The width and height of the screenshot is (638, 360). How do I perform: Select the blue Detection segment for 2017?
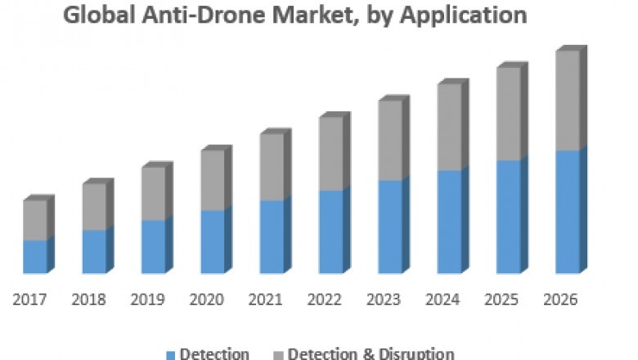click(x=35, y=257)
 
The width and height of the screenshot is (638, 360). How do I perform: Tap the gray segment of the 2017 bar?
click(x=35, y=220)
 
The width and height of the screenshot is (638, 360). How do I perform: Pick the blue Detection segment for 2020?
click(x=213, y=242)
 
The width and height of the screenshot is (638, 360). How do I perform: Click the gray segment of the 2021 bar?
click(x=272, y=167)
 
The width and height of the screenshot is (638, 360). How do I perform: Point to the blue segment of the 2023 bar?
click(x=390, y=227)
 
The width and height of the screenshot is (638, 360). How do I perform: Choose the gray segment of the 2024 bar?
click(x=449, y=128)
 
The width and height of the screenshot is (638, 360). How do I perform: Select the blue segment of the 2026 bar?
click(x=568, y=212)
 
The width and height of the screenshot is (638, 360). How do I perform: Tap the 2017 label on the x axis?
click(x=29, y=299)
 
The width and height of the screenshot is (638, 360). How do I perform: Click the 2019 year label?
click(x=148, y=299)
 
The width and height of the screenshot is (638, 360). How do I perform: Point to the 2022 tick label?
click(x=325, y=299)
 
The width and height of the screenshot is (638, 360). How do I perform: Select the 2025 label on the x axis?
click(x=502, y=299)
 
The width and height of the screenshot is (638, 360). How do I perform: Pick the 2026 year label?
click(x=561, y=299)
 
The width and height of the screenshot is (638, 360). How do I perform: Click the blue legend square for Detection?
click(x=170, y=354)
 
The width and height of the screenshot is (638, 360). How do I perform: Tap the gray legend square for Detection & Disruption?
click(x=278, y=354)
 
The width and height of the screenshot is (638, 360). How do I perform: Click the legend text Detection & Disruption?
click(x=371, y=353)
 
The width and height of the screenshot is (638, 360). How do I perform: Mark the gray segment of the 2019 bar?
click(x=153, y=194)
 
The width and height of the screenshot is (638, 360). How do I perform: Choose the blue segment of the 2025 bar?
click(x=508, y=217)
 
